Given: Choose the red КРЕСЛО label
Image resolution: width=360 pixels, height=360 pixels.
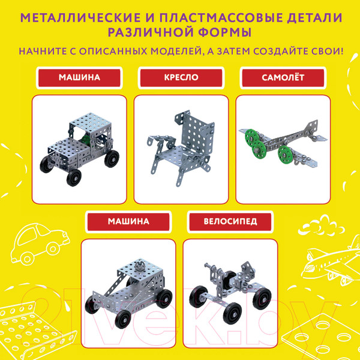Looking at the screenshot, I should click(181, 78).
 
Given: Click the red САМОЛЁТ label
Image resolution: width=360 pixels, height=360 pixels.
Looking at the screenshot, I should click(281, 78).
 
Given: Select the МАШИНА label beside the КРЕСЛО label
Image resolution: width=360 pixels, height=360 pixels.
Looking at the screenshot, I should click(79, 78).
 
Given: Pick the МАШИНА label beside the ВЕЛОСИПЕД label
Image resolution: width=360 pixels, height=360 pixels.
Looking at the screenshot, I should click(128, 221).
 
